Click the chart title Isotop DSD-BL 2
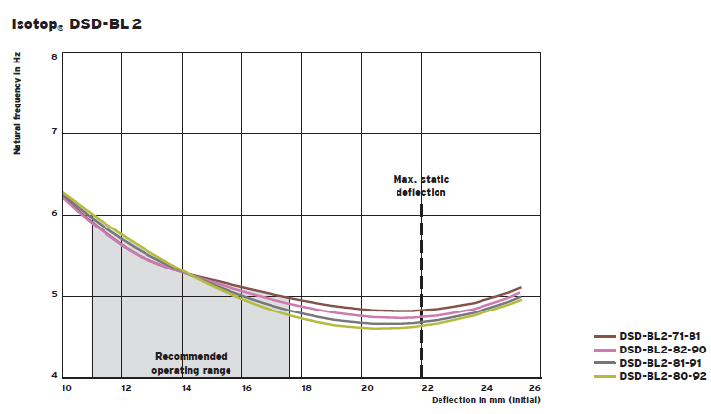click(x=76, y=23)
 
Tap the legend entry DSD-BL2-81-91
click(x=662, y=362)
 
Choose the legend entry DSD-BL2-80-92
click(x=662, y=375)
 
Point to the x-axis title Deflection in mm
click(x=486, y=400)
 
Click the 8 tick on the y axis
click(x=54, y=56)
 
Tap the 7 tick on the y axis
click(x=54, y=132)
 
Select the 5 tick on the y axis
click(x=54, y=295)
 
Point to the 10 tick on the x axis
click(x=66, y=389)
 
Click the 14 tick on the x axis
click(x=187, y=389)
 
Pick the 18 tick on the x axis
click(x=307, y=389)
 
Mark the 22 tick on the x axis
click(x=427, y=389)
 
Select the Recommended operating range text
click(x=191, y=363)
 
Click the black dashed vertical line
click(x=421, y=293)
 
